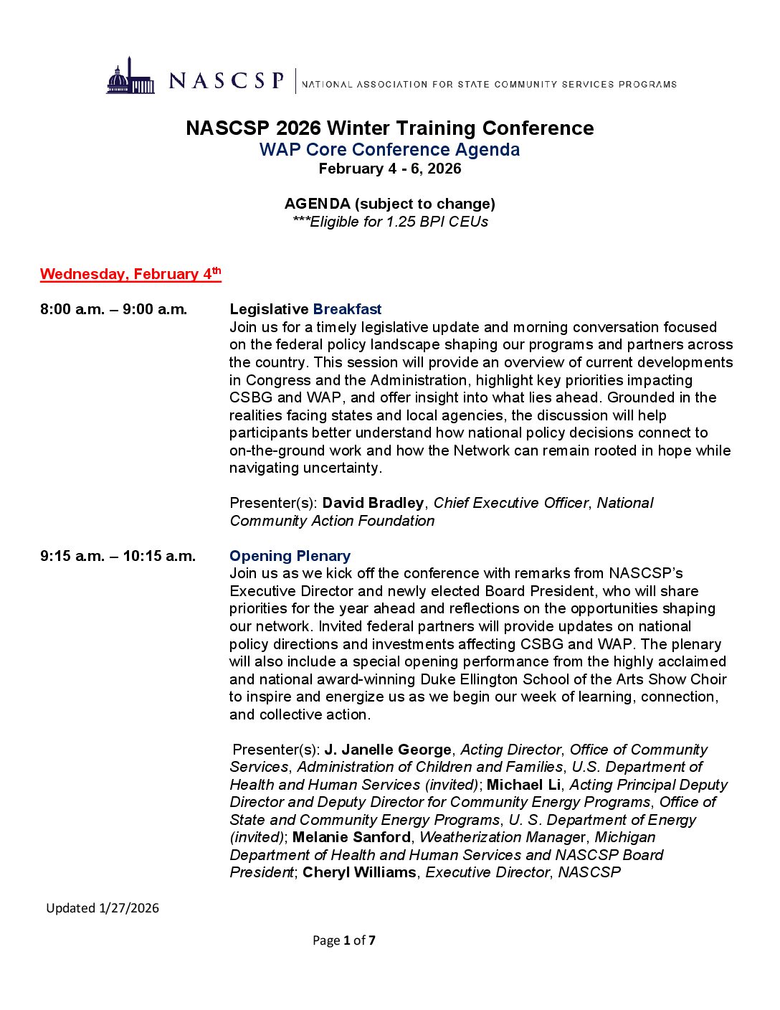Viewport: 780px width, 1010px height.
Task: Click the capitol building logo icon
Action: coord(130,77)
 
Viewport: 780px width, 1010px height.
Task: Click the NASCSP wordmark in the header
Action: coord(227,80)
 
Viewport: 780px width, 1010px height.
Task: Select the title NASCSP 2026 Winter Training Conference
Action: coord(389,128)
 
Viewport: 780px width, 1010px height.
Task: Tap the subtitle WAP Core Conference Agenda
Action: coord(389,150)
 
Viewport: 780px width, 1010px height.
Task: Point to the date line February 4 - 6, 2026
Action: coord(389,169)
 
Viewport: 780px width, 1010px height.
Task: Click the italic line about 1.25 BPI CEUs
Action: coord(389,222)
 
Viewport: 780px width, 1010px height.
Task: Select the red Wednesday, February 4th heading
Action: coord(130,274)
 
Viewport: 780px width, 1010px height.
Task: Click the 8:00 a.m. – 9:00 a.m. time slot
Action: coord(113,309)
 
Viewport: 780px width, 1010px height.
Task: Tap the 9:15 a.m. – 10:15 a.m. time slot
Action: coord(118,556)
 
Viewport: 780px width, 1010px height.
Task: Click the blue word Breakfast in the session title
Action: coord(347,309)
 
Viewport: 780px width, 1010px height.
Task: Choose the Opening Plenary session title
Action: coord(290,556)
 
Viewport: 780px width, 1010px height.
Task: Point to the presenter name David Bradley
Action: coord(373,503)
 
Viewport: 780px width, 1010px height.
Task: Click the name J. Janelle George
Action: coord(388,750)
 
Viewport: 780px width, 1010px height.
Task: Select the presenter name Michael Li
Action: coord(523,785)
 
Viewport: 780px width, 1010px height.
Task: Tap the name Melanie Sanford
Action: coord(351,837)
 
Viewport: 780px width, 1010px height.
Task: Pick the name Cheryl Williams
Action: coord(359,872)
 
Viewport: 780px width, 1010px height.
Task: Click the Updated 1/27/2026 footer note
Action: coord(103,908)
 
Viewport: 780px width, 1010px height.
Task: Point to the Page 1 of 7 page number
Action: coord(343,940)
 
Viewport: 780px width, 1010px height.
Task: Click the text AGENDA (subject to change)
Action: coord(389,204)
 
